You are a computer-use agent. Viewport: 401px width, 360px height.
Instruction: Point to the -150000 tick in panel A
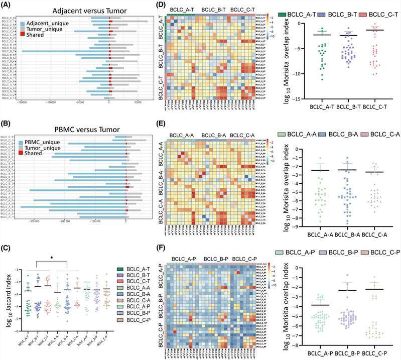[x=21, y=105]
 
